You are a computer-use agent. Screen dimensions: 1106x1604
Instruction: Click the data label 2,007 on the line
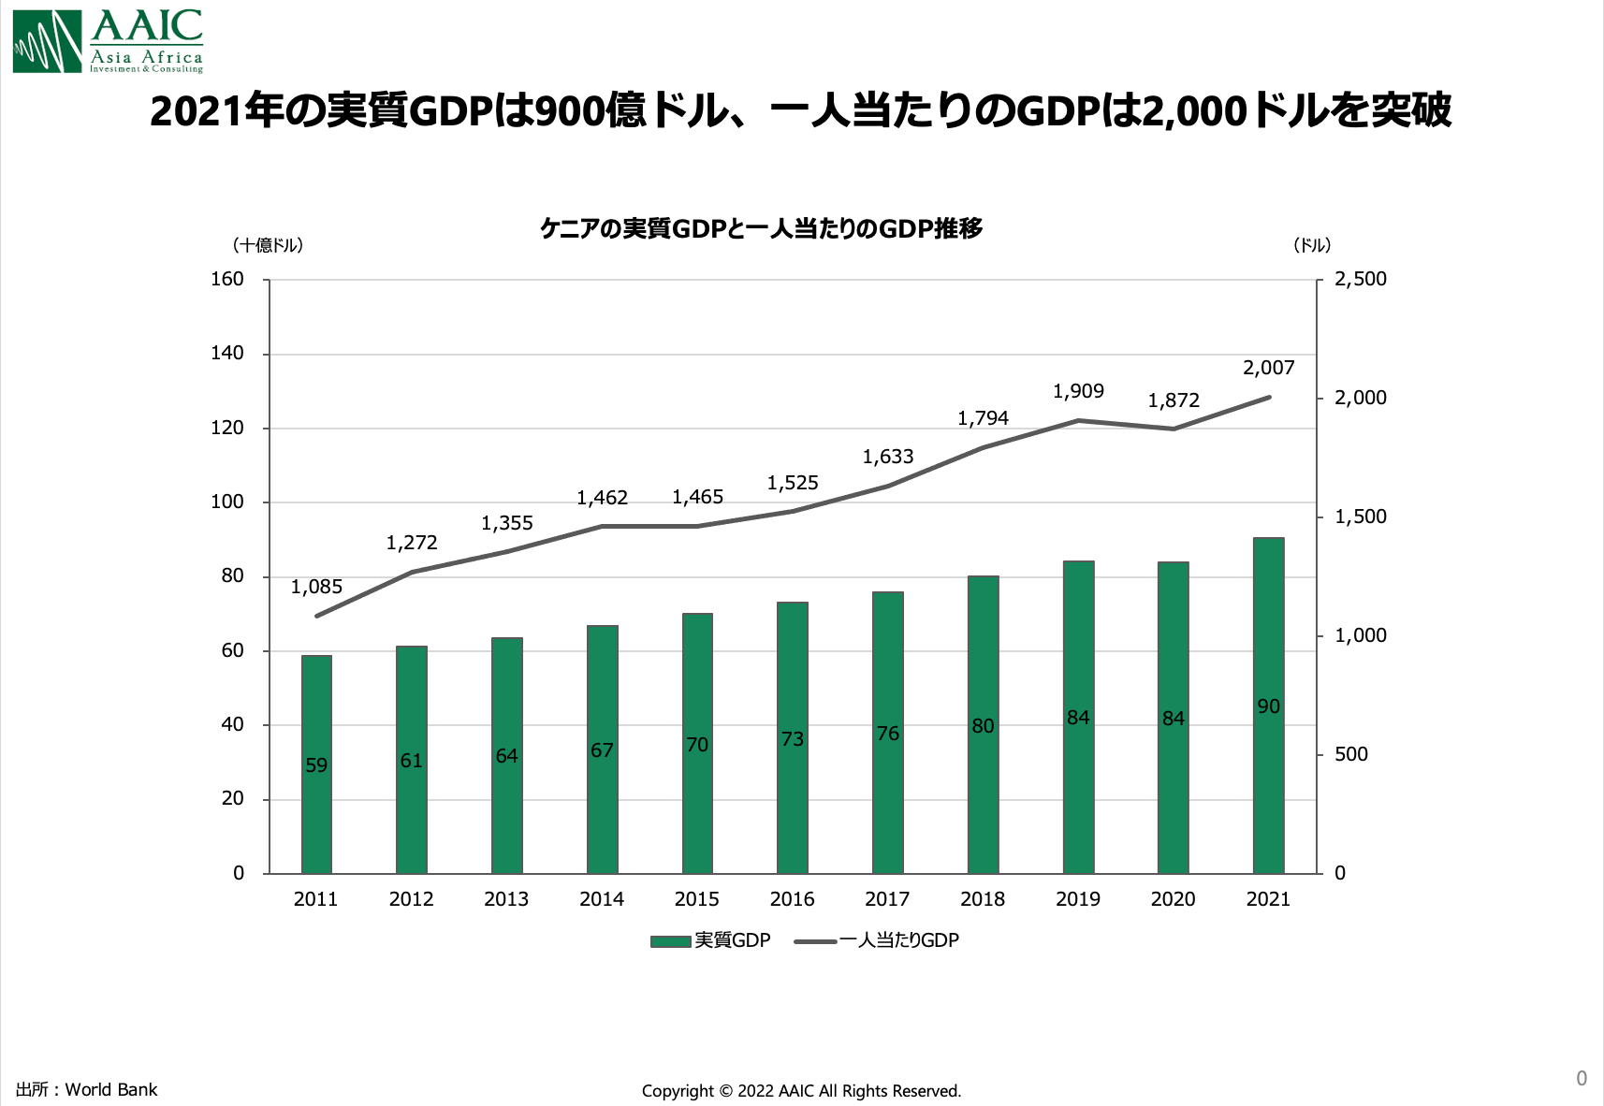(1268, 368)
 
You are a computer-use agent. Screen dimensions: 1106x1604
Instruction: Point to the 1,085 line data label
(316, 587)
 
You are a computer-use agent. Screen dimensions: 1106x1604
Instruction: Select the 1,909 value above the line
(1078, 391)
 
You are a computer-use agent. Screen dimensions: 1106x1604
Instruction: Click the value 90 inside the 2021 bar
(1268, 706)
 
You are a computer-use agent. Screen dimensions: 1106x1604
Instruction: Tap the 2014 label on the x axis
(601, 899)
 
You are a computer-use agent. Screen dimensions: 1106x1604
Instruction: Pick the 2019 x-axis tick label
(1077, 899)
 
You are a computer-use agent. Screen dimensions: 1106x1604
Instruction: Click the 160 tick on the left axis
(227, 279)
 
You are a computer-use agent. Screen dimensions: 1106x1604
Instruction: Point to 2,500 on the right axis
(1360, 279)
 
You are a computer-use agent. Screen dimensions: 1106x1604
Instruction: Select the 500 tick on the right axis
(1350, 754)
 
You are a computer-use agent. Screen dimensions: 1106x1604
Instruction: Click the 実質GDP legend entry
(711, 940)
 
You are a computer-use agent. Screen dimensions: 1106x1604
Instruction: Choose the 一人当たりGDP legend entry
(878, 940)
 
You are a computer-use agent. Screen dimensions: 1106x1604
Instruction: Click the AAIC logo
(108, 41)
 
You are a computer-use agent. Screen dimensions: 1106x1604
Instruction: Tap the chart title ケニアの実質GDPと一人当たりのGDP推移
(761, 228)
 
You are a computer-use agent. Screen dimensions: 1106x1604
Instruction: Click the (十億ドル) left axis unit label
(268, 245)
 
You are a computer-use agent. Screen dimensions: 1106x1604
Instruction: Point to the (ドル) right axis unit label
(1311, 245)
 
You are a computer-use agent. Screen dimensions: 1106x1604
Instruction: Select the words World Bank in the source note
(111, 1089)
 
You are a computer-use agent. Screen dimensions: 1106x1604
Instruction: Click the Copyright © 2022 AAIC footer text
(801, 1091)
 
